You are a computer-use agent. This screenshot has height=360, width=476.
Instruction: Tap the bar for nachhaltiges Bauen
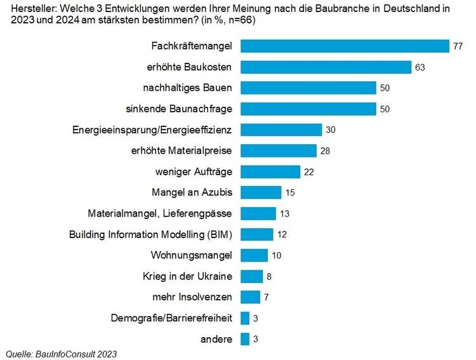[x=308, y=88]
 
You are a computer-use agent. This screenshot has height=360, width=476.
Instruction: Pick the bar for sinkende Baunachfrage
[x=308, y=109]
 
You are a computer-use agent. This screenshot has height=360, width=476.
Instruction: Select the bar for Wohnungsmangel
[x=254, y=255]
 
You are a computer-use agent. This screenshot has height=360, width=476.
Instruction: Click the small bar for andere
[x=245, y=339]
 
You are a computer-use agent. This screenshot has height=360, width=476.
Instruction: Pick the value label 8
[x=269, y=276]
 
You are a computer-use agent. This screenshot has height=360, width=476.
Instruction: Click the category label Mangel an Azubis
[x=192, y=192]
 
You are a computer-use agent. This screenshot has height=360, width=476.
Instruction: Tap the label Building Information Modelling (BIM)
[x=150, y=234]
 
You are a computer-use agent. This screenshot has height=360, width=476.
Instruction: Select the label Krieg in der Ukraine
[x=188, y=276]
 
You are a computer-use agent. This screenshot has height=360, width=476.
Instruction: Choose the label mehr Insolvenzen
[x=192, y=297]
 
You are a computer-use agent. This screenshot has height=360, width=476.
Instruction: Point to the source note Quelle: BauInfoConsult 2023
[x=62, y=353]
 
